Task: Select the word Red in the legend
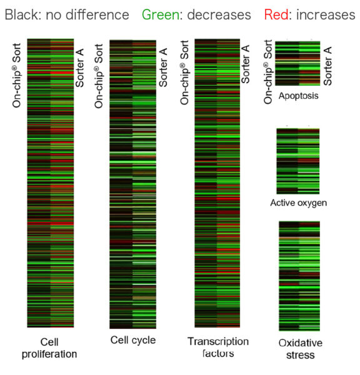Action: coord(276,14)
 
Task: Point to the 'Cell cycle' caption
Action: coord(132,341)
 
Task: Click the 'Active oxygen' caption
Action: coord(298,203)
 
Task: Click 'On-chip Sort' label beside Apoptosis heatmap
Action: coord(268,71)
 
